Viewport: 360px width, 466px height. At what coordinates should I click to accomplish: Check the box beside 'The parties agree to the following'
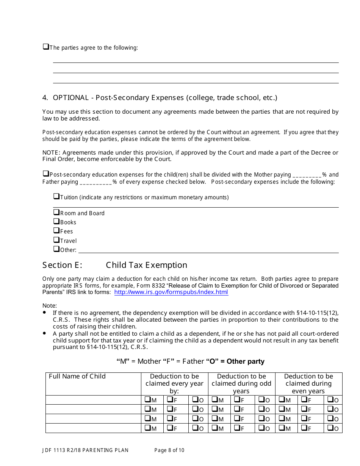tap(45, 47)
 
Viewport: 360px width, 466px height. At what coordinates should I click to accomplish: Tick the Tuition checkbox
tap(56, 196)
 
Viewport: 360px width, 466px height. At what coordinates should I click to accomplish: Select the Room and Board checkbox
tap(56, 212)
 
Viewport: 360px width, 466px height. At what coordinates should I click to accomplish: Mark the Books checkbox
tap(56, 221)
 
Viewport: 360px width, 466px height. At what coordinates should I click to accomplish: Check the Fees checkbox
tap(56, 230)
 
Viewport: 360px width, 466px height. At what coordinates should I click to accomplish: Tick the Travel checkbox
tap(56, 240)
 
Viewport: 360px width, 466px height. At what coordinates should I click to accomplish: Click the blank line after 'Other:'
tap(208, 250)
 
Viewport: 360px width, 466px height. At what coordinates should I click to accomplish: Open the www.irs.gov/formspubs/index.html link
tap(171, 292)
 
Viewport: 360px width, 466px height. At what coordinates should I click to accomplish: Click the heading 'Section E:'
tap(62, 265)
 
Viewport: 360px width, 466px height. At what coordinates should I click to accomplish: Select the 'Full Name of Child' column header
tap(77, 376)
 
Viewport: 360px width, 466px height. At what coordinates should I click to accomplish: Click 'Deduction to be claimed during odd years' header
tap(241, 383)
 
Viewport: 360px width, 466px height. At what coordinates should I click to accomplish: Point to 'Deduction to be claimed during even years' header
tap(308, 383)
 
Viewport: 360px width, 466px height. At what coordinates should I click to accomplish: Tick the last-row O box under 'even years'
tap(330, 428)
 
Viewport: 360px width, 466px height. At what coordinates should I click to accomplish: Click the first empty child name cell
tap(93, 400)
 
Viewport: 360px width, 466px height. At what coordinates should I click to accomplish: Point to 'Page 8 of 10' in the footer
tap(169, 450)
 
